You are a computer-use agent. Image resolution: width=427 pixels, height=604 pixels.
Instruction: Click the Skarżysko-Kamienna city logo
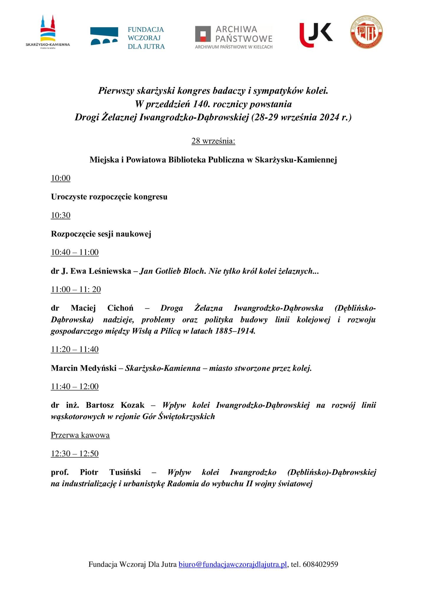[x=48, y=32]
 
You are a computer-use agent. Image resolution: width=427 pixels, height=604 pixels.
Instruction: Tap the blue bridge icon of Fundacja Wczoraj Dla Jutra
[x=104, y=36]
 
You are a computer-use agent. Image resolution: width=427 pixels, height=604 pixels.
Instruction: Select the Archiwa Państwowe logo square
[x=203, y=34]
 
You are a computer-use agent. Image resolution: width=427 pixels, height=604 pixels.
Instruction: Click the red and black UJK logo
[x=316, y=35]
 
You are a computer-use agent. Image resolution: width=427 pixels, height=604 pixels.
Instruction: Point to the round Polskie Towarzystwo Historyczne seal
[x=367, y=32]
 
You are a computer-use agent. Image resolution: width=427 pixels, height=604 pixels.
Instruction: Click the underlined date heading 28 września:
[x=213, y=141]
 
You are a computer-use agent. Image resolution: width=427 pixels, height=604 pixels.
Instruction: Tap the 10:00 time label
[x=60, y=178]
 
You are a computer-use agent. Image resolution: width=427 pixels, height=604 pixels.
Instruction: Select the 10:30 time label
[x=60, y=215]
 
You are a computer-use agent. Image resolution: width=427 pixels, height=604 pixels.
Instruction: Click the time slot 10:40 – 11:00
[x=75, y=252]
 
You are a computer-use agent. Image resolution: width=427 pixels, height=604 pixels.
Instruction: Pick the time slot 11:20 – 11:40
[x=75, y=349]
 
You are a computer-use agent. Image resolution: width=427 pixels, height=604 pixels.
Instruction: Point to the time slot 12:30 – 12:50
[x=75, y=453]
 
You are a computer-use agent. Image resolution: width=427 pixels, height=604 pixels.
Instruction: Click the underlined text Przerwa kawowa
[x=80, y=435]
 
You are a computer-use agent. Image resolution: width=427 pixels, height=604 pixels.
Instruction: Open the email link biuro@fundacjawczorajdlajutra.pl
[x=233, y=564]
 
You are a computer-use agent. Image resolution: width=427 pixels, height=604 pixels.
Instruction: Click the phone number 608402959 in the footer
[x=320, y=564]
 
